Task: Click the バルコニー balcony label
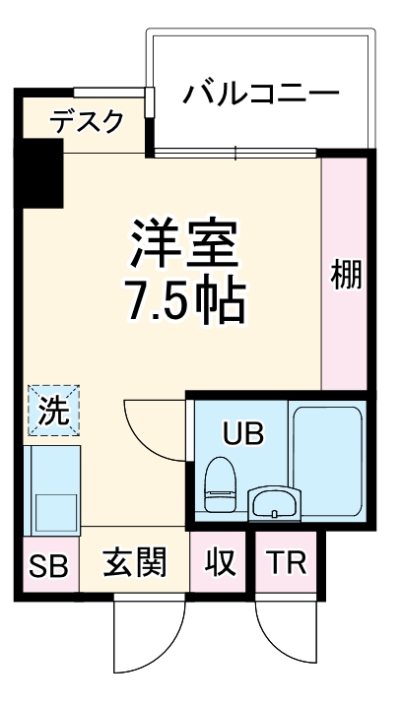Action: coord(261,96)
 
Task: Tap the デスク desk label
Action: coord(88,122)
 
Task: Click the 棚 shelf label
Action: coord(345,275)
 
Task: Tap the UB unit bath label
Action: coord(242,433)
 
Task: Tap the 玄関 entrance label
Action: coord(133,564)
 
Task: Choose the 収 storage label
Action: coord(220,564)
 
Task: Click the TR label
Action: coord(287,564)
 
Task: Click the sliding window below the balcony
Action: coord(236,152)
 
